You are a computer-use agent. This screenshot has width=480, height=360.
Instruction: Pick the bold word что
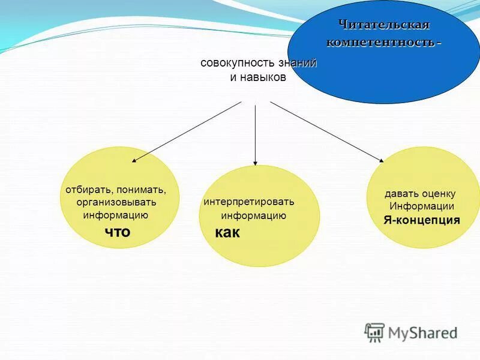117,232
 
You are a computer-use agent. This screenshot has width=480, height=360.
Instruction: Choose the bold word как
227,233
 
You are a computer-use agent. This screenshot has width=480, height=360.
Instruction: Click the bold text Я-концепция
422,220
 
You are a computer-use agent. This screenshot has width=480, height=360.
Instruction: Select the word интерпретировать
249,202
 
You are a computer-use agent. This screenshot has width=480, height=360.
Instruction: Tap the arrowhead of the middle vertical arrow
256,163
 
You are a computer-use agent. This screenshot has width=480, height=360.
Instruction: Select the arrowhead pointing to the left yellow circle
134,161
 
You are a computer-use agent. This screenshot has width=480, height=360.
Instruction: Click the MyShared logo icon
374,332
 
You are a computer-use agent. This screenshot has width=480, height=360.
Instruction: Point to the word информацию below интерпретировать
253,216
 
